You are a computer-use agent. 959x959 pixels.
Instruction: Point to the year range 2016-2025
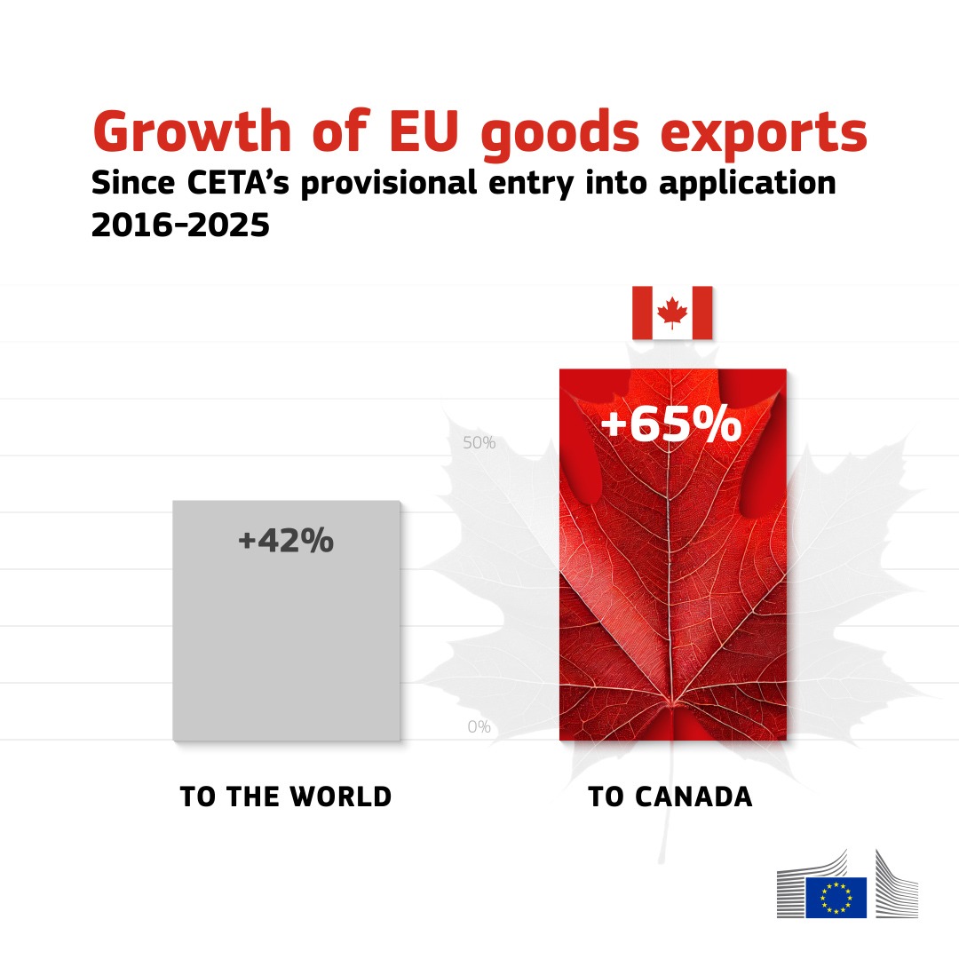click(180, 226)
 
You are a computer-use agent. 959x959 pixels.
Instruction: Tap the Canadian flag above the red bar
click(672, 313)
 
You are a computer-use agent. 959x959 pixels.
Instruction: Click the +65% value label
click(671, 425)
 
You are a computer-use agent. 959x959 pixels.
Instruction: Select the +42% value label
click(285, 541)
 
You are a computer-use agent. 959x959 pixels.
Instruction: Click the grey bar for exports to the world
click(286, 639)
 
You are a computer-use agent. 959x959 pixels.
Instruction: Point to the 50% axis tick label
click(479, 443)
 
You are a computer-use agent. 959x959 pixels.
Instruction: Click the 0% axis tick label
click(479, 727)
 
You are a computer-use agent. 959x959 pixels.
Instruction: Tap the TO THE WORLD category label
click(285, 797)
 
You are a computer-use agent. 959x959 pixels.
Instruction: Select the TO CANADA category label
click(670, 797)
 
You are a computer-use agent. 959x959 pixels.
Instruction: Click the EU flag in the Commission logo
click(836, 897)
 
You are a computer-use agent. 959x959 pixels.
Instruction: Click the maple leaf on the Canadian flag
click(672, 313)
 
